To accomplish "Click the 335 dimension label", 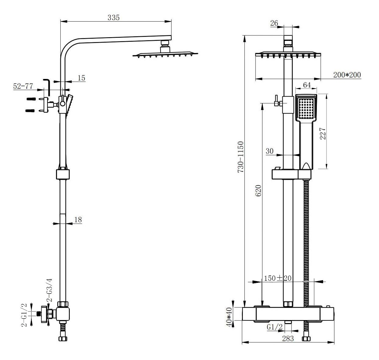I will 114,17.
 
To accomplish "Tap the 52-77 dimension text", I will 23,86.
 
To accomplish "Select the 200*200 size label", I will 347,75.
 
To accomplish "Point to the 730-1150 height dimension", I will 241,157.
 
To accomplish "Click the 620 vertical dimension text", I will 258,191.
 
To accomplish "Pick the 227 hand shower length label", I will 323,134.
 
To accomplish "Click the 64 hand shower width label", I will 307,85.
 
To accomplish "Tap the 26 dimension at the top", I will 274,23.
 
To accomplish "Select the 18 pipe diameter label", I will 78,219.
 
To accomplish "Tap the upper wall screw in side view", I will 30,99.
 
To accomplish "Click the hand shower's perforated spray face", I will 307,108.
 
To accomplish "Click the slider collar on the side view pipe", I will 63,174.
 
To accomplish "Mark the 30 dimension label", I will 269,151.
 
